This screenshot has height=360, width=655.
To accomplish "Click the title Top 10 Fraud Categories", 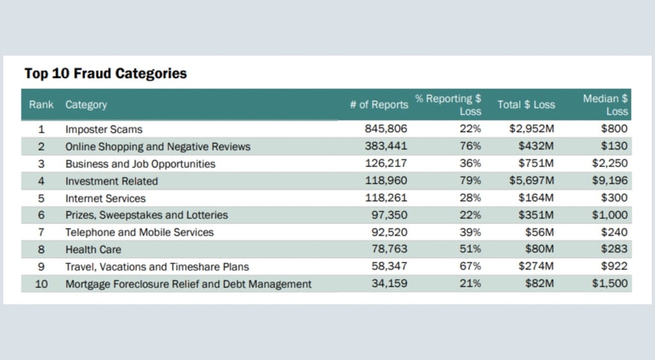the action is pos(106,74).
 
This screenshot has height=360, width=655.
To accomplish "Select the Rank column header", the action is pos(41,104).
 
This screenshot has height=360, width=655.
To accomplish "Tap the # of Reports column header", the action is pos(379,104).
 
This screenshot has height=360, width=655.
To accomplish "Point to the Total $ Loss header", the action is pos(526,104).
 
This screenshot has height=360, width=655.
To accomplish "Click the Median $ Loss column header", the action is pos(605,105).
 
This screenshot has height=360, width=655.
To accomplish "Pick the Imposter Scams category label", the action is pos(104,129).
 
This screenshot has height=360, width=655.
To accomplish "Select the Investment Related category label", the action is pos(111,181).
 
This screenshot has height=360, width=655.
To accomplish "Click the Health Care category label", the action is pos(93,250).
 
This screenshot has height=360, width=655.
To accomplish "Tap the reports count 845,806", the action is pos(386,129).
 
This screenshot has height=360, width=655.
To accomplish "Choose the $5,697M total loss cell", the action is pos(532,180).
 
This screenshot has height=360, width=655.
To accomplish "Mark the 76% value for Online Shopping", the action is pos(470,146).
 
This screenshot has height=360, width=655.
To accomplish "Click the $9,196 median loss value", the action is pos(610,180).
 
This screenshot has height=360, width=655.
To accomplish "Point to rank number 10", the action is pos(41,284).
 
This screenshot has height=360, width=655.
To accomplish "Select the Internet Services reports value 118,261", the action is pos(386,198).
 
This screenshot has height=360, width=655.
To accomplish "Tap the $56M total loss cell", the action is pos(539,232).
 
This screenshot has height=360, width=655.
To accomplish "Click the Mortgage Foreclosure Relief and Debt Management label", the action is pos(189,284).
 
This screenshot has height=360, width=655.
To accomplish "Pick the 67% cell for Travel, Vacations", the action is pos(470,266).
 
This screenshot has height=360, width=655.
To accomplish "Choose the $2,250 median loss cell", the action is pos(610,163).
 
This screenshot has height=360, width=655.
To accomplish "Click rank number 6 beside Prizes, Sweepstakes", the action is pos(41,215).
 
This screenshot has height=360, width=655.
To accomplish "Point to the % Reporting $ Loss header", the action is pos(448,105).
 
